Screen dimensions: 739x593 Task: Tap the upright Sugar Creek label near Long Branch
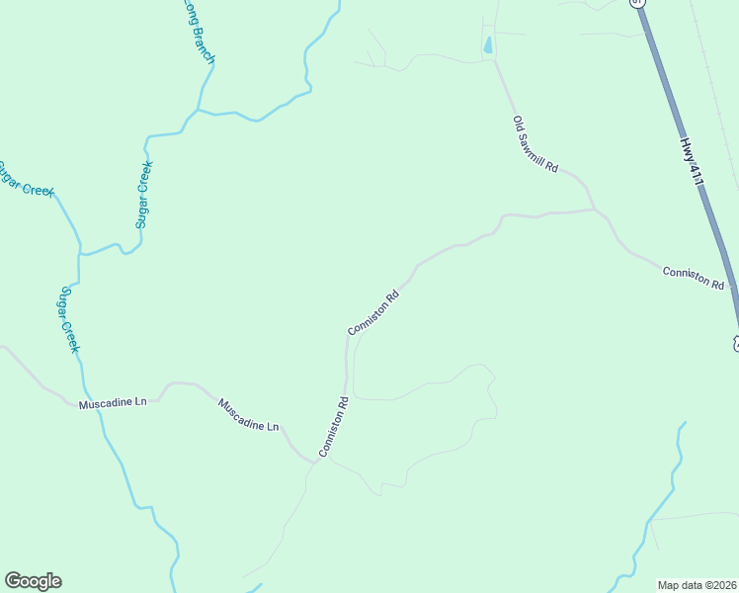pos(144,195)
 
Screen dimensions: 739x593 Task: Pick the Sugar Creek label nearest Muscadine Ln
pos(68,319)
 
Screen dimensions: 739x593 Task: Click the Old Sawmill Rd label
pos(534,144)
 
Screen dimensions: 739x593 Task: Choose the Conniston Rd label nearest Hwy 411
pos(694,277)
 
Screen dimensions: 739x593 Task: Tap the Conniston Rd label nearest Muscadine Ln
pos(335,426)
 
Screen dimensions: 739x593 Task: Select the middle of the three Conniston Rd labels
pos(373,311)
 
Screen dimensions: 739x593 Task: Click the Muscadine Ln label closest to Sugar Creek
pos(113,403)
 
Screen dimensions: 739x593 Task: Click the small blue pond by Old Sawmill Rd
pos(487,44)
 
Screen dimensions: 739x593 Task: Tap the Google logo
pos(33,581)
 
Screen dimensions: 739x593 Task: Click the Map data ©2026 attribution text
pos(698,584)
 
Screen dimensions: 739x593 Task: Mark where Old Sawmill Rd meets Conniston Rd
pos(594,210)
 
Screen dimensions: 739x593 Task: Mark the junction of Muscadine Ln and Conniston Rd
pos(312,462)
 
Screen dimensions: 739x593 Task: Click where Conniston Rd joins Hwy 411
pos(732,290)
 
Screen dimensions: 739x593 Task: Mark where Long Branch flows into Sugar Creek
pos(198,111)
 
